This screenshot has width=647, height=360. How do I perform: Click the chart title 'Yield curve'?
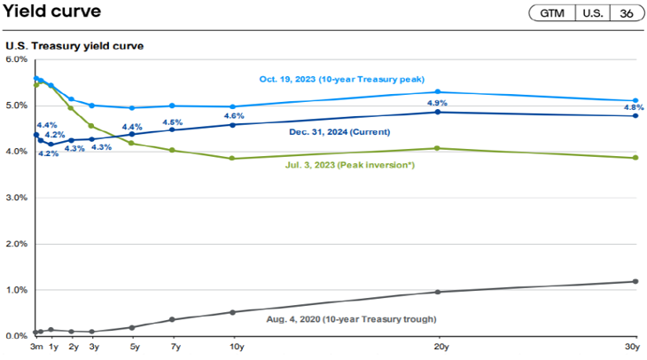[x=52, y=12]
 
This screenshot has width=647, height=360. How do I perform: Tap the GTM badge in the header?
[x=551, y=13]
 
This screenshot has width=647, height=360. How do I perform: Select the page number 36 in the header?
[x=627, y=13]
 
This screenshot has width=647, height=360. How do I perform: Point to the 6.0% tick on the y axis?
[x=17, y=59]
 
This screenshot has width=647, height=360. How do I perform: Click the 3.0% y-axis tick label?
[x=17, y=198]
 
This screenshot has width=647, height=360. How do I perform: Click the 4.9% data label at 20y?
[x=436, y=103]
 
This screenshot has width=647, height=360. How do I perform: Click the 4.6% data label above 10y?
[x=234, y=116]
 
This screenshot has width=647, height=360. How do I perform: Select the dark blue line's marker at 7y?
[x=172, y=129]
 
